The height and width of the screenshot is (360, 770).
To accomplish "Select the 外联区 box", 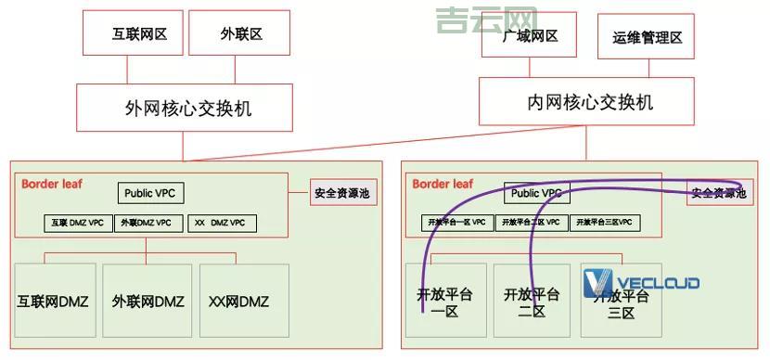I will pos(241,34).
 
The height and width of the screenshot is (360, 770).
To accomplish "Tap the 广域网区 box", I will pos(530,36).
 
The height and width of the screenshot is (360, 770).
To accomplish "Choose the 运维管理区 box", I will pos(647,37).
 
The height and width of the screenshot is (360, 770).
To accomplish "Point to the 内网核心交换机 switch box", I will pos(589,102).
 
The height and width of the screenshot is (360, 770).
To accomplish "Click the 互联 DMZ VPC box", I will pos(78,223).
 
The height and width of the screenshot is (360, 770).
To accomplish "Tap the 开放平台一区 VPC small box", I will pos(456,223).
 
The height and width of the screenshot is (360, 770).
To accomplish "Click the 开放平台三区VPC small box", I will pos(605,223).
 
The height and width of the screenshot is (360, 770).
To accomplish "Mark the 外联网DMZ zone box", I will pos(148,301).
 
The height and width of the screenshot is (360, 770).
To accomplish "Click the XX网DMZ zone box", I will pos(239,301).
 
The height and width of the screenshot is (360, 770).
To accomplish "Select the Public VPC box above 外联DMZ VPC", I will pos(150,193).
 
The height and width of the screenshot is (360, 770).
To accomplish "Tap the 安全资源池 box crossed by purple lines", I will pos(716,193).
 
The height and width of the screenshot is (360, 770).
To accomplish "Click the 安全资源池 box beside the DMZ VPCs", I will pos(342,193).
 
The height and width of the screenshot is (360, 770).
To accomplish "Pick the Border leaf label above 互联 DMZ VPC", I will pos(52,184).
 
